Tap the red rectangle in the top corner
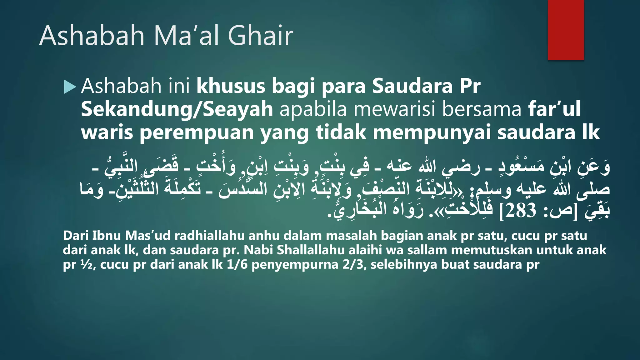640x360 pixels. tap(566, 30)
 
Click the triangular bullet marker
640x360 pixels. tap(70, 87)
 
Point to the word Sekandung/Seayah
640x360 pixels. tap(177, 109)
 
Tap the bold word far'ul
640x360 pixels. tap(554, 109)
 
